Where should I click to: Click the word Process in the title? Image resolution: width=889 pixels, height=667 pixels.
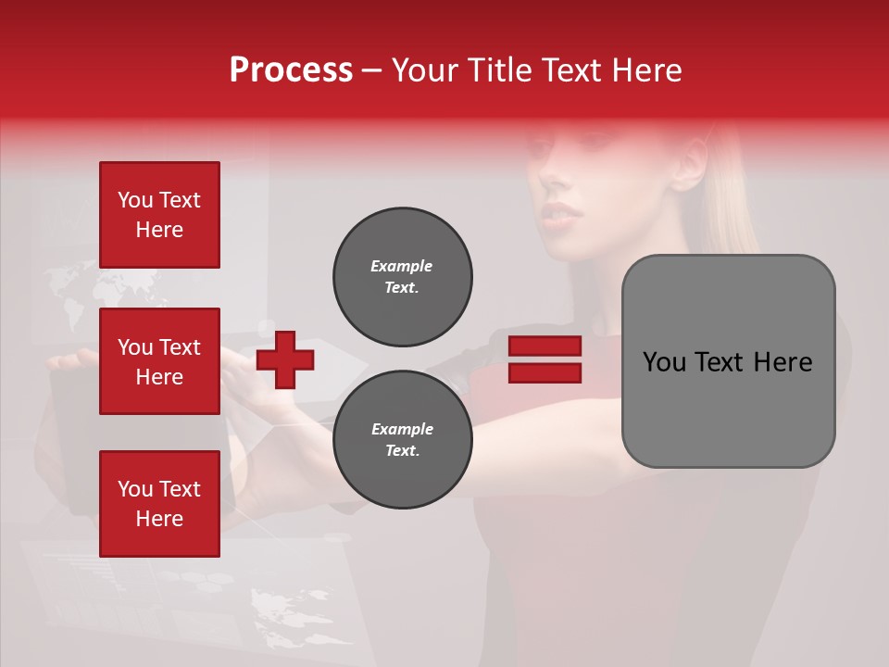(291, 69)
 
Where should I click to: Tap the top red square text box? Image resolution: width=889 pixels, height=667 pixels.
(159, 215)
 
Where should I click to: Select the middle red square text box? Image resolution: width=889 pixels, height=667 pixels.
(159, 361)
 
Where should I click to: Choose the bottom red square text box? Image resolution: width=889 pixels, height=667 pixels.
(159, 504)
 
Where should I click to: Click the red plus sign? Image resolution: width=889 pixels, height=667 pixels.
(285, 359)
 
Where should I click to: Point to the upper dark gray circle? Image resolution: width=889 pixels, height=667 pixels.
(403, 277)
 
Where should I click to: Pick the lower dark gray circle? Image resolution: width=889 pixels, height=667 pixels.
(403, 440)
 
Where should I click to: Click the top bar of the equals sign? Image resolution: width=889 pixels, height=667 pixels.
(545, 346)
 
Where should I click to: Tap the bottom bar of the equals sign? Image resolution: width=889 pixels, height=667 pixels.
(545, 372)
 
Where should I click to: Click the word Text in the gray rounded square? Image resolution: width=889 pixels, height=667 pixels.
(725, 362)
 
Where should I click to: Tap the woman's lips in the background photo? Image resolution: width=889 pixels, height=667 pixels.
(564, 215)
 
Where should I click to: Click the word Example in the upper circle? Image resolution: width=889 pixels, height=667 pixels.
(401, 266)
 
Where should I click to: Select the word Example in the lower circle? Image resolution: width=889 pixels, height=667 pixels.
(402, 429)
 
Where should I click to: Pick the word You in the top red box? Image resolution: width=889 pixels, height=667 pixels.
(135, 200)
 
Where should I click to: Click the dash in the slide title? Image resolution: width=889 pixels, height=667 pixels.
(372, 69)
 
